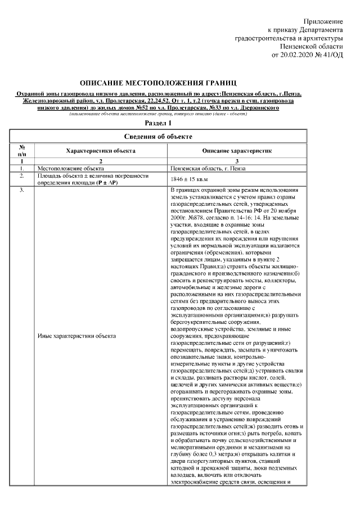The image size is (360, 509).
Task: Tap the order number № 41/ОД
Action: [331, 55]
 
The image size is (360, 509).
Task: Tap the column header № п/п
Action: [22, 151]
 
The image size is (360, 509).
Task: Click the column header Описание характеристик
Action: [237, 151]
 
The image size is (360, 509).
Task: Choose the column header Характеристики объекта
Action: [100, 151]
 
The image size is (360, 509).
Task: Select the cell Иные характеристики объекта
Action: [76, 336]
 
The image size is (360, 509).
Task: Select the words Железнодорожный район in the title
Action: [50, 100]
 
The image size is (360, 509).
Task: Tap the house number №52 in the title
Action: [144, 107]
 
